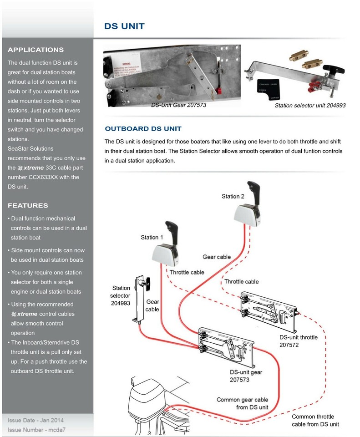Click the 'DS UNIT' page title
[x=124, y=26]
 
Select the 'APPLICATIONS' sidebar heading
[x=35, y=50]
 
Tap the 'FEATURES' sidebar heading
[x=28, y=205]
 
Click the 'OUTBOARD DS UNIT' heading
[x=143, y=129]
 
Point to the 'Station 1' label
[x=152, y=237]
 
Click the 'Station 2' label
[x=233, y=196]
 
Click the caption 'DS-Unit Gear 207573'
[x=178, y=105]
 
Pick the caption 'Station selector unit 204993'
[x=310, y=105]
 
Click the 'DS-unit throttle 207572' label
[x=299, y=341]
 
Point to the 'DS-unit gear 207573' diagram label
[x=246, y=376]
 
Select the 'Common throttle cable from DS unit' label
[x=315, y=420]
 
